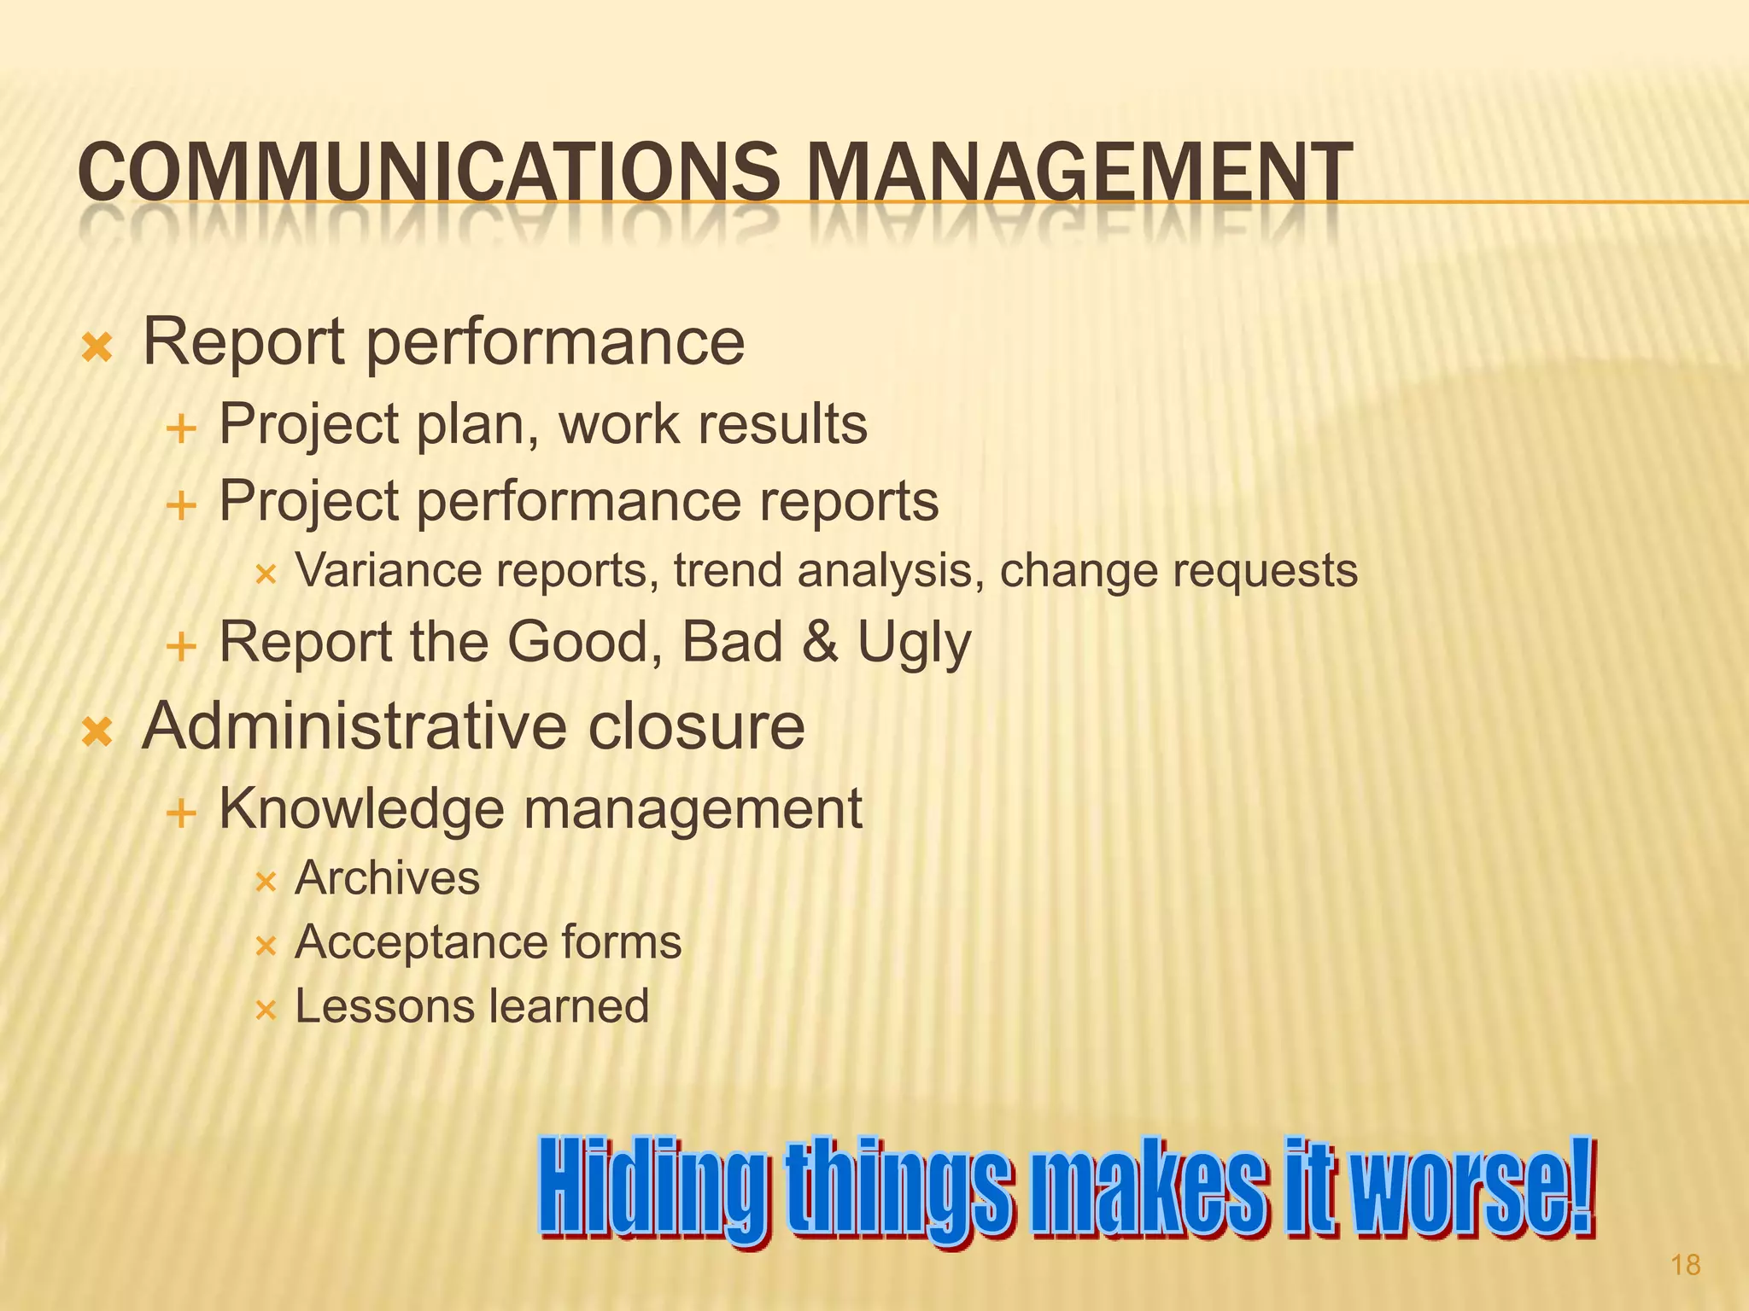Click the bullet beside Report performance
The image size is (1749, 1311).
pyautogui.click(x=97, y=347)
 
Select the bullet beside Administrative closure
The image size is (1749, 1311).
pyautogui.click(x=97, y=731)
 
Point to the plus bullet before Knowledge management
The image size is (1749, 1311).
pyautogui.click(x=181, y=813)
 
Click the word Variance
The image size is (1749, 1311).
pyautogui.click(x=389, y=570)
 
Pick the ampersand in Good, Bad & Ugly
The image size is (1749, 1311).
pyautogui.click(x=820, y=642)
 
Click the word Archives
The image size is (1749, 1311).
pyautogui.click(x=387, y=878)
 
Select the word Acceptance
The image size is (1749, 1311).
pyautogui.click(x=419, y=942)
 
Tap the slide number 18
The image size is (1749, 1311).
pyautogui.click(x=1685, y=1265)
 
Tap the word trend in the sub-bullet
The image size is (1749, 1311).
pyautogui.click(x=727, y=570)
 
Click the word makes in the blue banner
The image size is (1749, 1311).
pyautogui.click(x=1148, y=1190)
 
